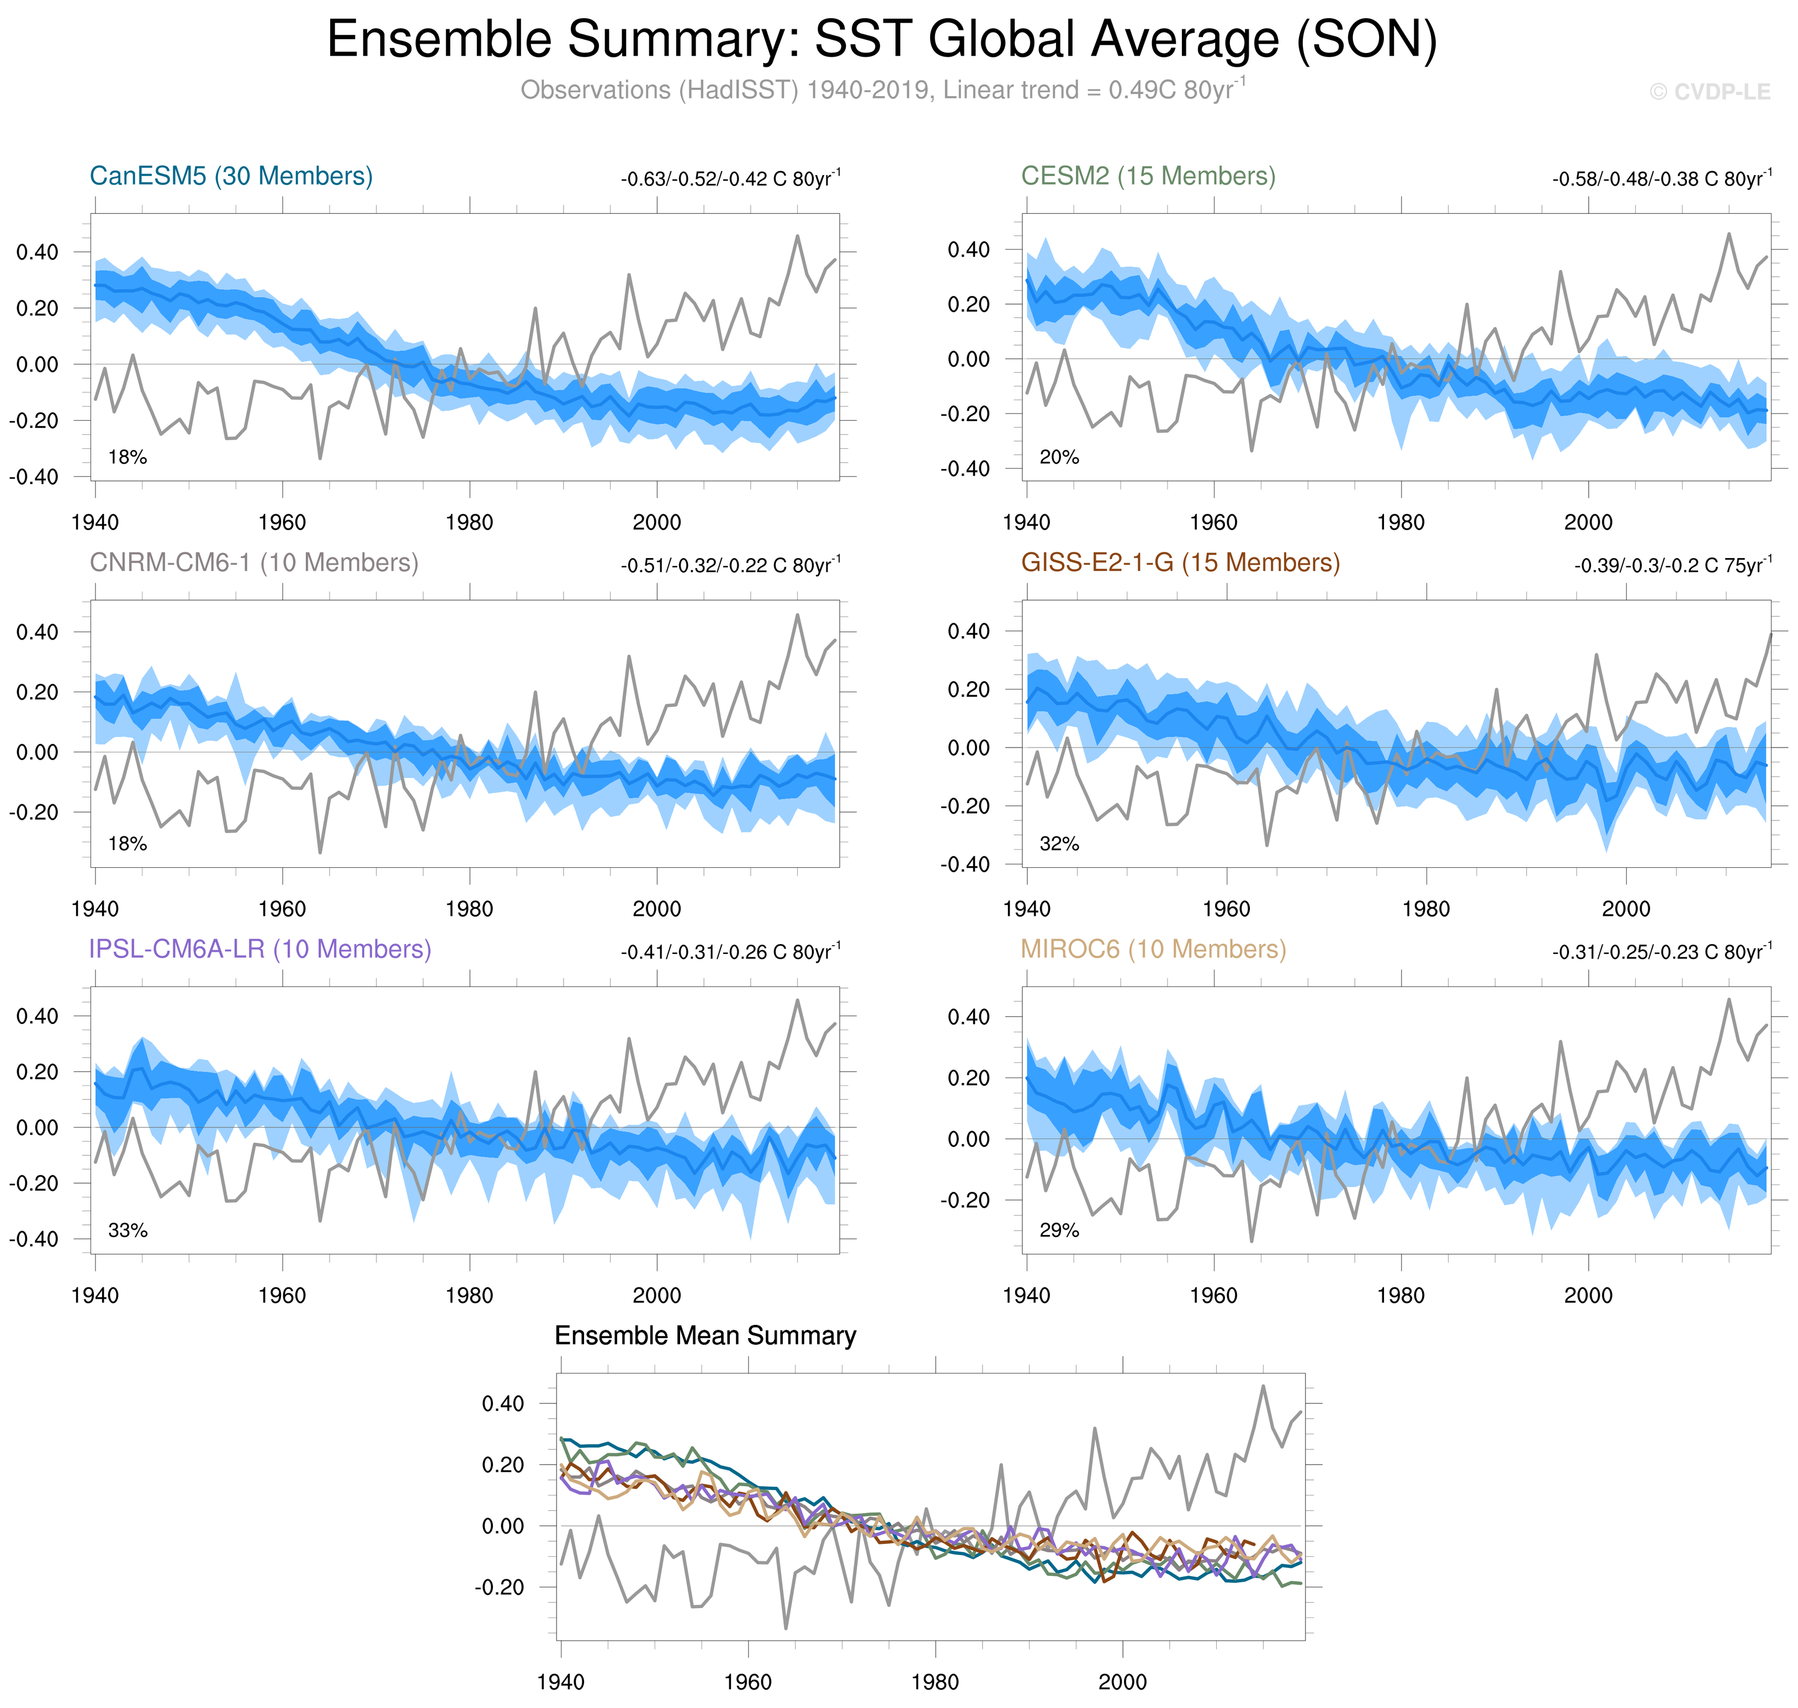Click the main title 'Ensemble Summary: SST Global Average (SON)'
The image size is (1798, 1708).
pyautogui.click(x=881, y=41)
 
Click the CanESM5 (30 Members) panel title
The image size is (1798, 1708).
pyautogui.click(x=231, y=176)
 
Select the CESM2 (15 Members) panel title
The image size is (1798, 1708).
pyautogui.click(x=1148, y=176)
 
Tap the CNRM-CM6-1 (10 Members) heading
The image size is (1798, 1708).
pyautogui.click(x=254, y=563)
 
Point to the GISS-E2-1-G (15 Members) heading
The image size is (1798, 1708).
pyautogui.click(x=1180, y=563)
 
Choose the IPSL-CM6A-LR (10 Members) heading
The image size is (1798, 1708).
pyautogui.click(x=259, y=949)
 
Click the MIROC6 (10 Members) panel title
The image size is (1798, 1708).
pyautogui.click(x=1153, y=949)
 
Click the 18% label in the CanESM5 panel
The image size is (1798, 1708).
pyautogui.click(x=128, y=457)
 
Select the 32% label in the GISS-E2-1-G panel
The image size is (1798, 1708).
pyautogui.click(x=1059, y=844)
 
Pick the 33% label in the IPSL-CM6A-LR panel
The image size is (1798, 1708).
pyautogui.click(x=128, y=1230)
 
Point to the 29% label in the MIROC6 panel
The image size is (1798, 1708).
pyautogui.click(x=1059, y=1230)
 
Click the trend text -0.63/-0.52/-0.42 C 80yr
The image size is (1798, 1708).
pyautogui.click(x=730, y=178)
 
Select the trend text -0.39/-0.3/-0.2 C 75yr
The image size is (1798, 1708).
pyautogui.click(x=1672, y=565)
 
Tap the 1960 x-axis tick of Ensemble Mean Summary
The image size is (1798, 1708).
pyautogui.click(x=747, y=1682)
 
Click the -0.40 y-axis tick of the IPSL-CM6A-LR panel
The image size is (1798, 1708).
pyautogui.click(x=34, y=1239)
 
